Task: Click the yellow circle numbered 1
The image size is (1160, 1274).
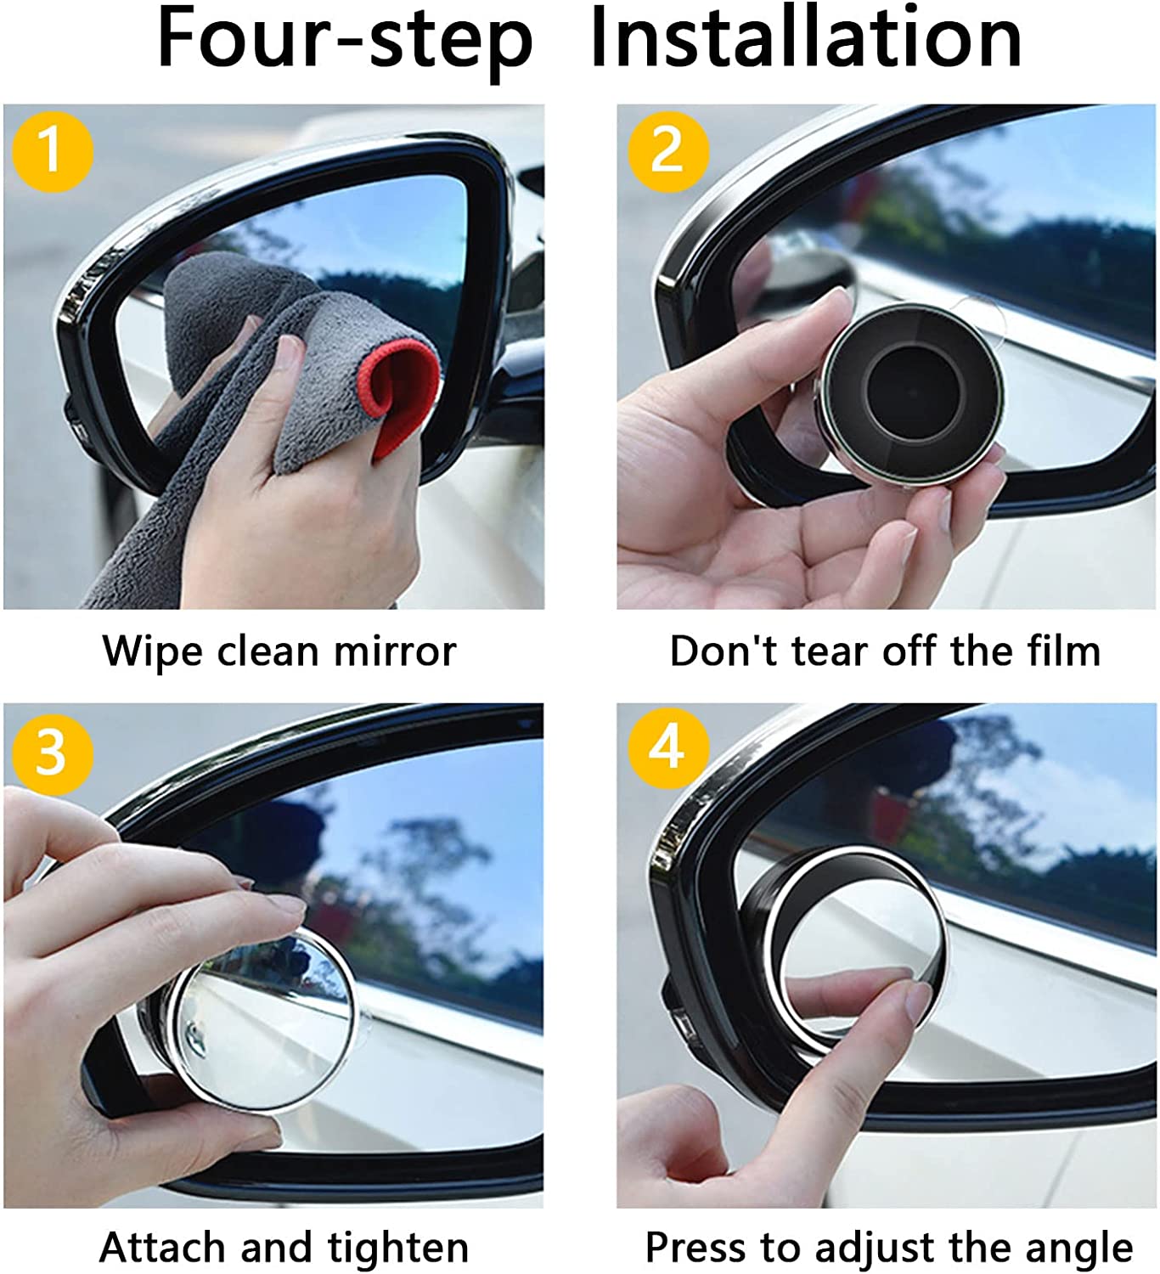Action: pos(52,151)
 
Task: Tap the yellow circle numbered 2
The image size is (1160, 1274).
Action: pos(667,151)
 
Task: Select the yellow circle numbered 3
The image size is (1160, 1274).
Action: pos(52,752)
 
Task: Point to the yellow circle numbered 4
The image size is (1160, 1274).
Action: pos(667,747)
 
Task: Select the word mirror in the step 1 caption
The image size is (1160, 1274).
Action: pos(395,652)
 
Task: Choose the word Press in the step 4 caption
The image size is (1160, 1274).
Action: pos(698,1249)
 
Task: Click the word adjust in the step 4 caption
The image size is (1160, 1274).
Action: pos(871,1249)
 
